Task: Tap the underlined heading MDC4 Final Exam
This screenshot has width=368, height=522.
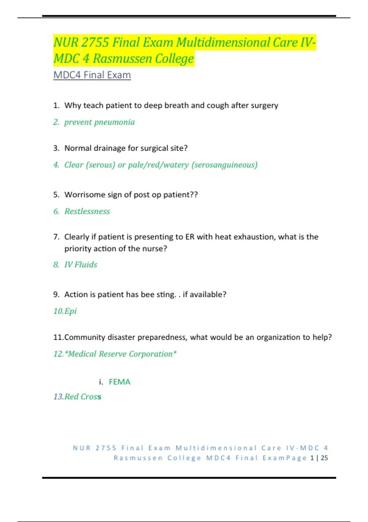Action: click(92, 75)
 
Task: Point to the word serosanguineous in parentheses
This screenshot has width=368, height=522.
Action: click(224, 165)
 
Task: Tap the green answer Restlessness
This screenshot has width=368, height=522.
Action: click(87, 211)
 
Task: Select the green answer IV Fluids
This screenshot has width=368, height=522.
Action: click(81, 265)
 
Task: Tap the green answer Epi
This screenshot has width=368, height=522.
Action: click(71, 311)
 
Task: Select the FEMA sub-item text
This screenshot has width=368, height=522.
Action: click(120, 382)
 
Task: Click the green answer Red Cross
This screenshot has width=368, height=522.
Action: click(83, 397)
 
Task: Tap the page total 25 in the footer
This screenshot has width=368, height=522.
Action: click(324, 458)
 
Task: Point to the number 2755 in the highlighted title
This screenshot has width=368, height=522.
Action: click(95, 42)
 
